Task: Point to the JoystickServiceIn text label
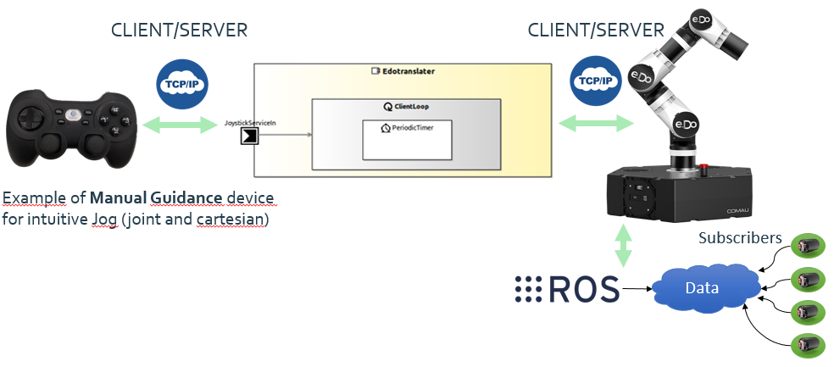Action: (250, 124)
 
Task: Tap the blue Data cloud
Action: (701, 288)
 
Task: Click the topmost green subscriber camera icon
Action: (805, 247)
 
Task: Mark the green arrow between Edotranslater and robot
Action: (596, 124)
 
